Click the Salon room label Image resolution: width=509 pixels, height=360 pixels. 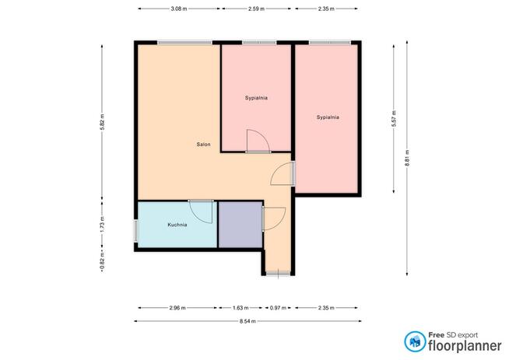click(204, 145)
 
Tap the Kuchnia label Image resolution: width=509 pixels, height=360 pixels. click(177, 225)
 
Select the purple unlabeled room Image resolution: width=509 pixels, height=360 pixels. click(240, 225)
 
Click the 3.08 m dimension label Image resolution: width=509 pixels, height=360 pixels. click(179, 9)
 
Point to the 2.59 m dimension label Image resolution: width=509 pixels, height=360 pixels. click(257, 9)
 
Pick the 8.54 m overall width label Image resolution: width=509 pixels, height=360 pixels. click(247, 321)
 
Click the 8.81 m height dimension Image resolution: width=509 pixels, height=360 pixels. click(407, 158)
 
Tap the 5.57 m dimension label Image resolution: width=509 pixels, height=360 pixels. click(394, 119)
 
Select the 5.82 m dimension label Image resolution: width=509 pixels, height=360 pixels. click(102, 122)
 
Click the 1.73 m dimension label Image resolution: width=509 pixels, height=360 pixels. click(102, 225)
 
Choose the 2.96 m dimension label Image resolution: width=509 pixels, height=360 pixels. click(177, 308)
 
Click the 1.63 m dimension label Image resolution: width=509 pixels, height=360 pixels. click(240, 308)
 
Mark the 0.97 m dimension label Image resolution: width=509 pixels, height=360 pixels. click(278, 308)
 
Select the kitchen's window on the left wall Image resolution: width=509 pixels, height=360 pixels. click(136, 231)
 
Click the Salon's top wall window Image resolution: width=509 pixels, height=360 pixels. click(184, 43)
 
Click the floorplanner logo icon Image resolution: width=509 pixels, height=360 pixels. click(415, 341)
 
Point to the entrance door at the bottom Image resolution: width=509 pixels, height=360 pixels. click(278, 274)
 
